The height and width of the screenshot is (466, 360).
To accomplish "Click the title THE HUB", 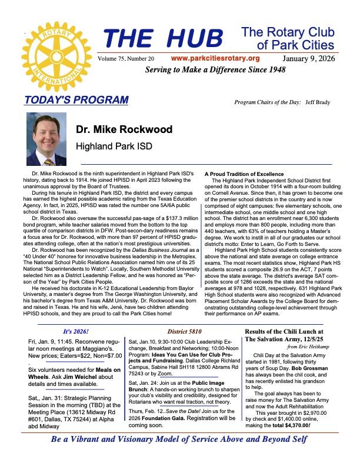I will [x=164, y=39].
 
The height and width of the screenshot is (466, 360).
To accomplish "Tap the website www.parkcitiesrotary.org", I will [x=215, y=58].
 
